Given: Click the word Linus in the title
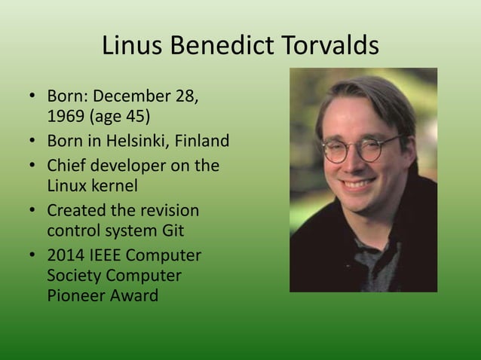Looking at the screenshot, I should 133,47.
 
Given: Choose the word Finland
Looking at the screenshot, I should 201,142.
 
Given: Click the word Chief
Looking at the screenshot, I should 67,164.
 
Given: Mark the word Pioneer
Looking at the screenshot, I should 76,295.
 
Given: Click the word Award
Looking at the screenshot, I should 133,295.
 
